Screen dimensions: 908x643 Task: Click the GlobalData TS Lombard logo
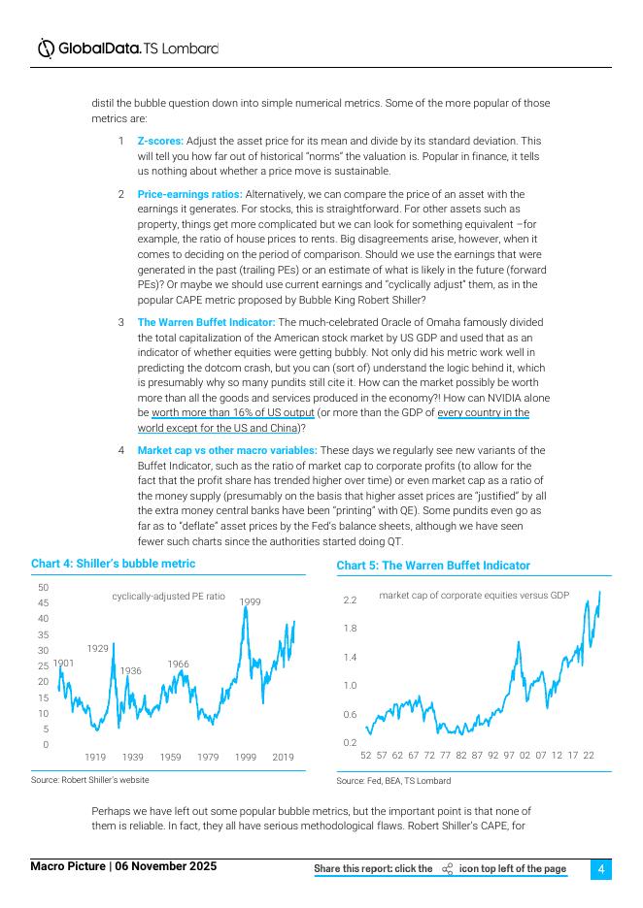tap(127, 48)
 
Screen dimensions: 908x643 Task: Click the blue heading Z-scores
tap(160, 141)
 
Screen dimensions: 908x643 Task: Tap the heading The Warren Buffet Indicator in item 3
tap(206, 322)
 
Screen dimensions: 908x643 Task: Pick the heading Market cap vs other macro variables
tap(226, 450)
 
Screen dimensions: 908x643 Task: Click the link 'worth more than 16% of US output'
tap(225, 412)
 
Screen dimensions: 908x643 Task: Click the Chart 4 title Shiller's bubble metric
tap(113, 564)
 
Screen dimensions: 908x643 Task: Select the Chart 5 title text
tap(433, 566)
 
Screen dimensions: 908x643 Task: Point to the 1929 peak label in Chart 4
tap(97, 647)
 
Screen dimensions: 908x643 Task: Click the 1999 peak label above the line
tap(251, 602)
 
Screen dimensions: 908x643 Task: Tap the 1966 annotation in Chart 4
tap(178, 664)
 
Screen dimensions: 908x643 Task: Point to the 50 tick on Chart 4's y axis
tap(44, 587)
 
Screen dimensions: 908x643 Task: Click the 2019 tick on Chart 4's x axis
tap(283, 757)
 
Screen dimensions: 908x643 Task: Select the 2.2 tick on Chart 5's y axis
tap(350, 600)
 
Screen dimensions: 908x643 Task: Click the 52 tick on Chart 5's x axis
tap(366, 755)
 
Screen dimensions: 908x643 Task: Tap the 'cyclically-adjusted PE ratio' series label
tap(168, 596)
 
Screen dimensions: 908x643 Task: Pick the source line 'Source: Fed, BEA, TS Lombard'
tap(393, 780)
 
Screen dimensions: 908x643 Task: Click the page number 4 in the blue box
tap(601, 869)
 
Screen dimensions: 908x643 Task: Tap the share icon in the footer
tap(447, 869)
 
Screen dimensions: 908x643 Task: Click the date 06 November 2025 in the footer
tap(166, 866)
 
